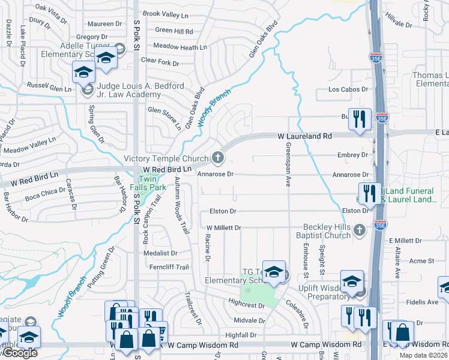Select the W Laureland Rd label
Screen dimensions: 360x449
[305, 137]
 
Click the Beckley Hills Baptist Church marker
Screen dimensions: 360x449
[359, 229]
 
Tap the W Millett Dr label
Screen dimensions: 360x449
[223, 228]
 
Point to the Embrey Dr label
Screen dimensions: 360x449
[352, 155]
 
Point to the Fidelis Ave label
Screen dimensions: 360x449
[425, 302]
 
